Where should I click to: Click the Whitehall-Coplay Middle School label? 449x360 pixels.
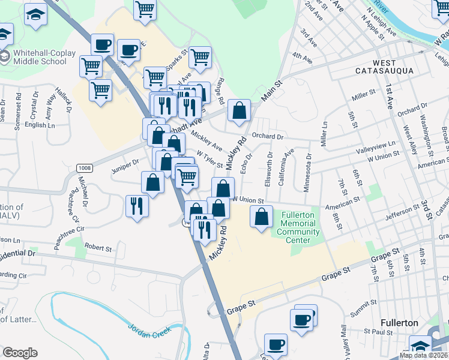tap(43, 57)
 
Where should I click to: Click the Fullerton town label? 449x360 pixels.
tap(399, 323)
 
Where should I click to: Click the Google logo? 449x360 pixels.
tap(20, 353)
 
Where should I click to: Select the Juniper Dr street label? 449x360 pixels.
tap(125, 162)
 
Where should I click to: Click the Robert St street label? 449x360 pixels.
tap(98, 247)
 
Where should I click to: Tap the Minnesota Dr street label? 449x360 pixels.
tap(308, 173)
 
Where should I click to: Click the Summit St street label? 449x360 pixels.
tap(363, 312)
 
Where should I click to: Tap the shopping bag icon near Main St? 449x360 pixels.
tap(239, 110)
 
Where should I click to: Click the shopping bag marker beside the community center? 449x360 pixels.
tap(262, 217)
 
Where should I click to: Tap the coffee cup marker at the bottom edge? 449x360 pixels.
tap(276, 344)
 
